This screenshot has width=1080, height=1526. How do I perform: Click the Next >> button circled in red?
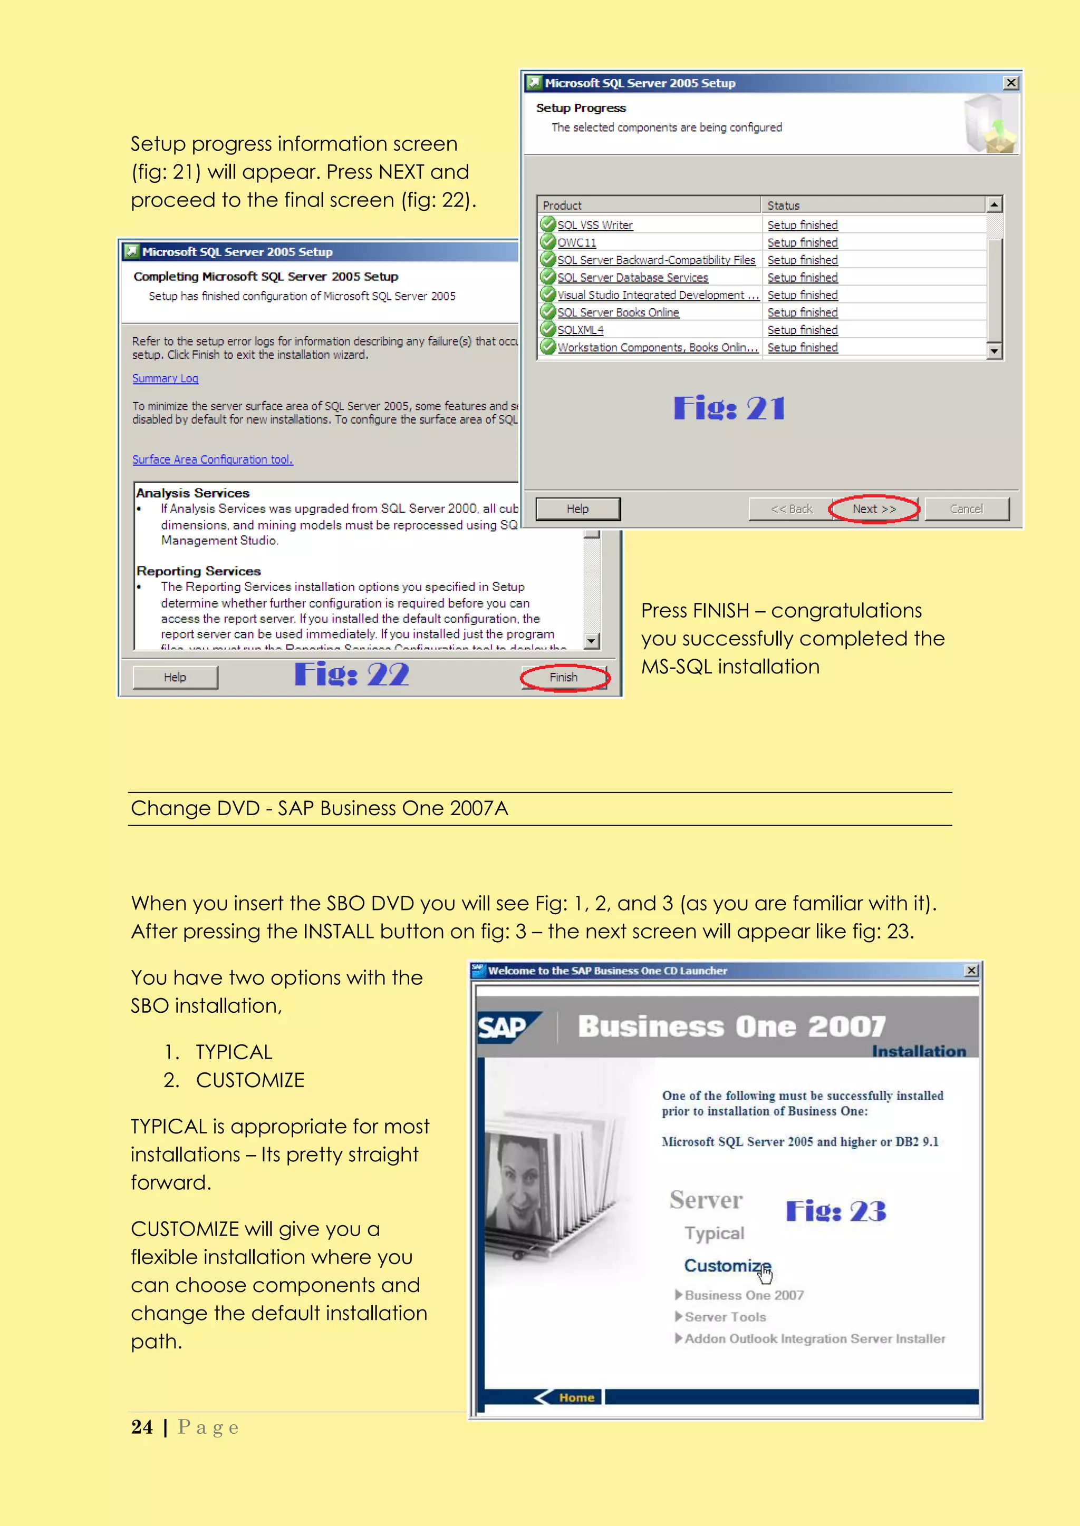(874, 509)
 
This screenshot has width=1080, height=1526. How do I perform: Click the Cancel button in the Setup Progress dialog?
(966, 509)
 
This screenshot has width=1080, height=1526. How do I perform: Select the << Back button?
(790, 509)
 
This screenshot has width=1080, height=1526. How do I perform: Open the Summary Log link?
(165, 378)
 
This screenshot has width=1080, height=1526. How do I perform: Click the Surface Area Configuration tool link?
(212, 459)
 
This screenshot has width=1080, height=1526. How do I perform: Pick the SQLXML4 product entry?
(581, 330)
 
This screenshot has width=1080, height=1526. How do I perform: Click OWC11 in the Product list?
(576, 242)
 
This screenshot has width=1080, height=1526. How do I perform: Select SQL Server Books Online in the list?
(618, 312)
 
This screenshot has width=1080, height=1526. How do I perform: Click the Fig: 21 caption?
(729, 408)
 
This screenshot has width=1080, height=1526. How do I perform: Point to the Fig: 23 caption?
(835, 1211)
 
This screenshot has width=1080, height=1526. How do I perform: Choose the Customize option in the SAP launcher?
(727, 1266)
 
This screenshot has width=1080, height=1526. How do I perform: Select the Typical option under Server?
(714, 1233)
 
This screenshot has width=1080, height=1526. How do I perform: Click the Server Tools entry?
(725, 1317)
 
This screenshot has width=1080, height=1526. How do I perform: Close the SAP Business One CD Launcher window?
(971, 971)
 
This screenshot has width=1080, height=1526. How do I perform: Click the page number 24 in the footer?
(142, 1427)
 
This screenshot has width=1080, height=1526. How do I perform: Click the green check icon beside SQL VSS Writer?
(548, 224)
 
